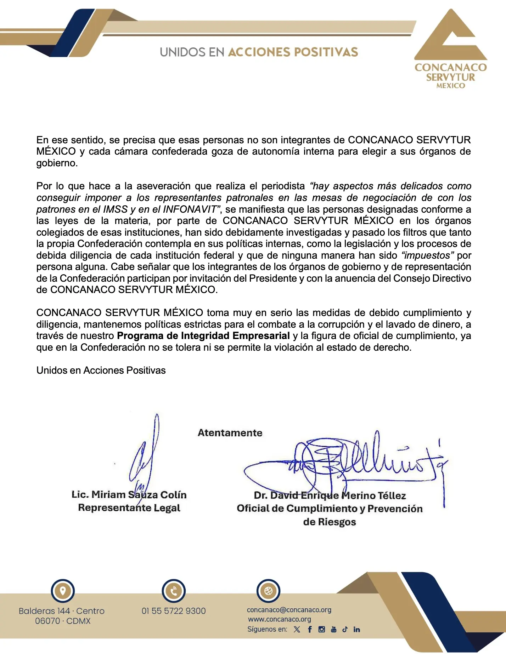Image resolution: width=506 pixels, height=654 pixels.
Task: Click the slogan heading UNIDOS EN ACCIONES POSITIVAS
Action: click(259, 52)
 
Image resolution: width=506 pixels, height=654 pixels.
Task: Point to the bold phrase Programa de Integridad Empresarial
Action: click(203, 335)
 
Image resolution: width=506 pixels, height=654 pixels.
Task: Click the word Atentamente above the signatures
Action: click(230, 432)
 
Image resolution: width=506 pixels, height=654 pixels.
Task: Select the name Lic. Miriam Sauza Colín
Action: click(129, 494)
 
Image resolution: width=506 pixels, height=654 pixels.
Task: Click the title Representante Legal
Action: click(129, 508)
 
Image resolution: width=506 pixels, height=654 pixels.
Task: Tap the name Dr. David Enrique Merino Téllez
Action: click(330, 495)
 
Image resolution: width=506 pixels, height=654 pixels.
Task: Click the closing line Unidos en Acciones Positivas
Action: click(101, 370)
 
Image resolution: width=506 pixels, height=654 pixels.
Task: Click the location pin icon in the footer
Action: click(63, 591)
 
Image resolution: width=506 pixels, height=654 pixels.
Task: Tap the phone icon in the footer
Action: click(174, 591)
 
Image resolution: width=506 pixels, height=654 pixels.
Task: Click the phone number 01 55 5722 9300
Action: click(174, 611)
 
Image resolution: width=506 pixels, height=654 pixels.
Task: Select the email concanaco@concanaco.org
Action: click(289, 610)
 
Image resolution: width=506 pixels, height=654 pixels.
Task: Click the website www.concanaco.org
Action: click(280, 619)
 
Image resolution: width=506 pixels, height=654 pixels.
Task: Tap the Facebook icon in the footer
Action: click(310, 629)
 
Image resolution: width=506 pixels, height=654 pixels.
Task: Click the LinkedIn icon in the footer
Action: click(357, 629)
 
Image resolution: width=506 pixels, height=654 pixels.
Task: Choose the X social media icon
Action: click(297, 629)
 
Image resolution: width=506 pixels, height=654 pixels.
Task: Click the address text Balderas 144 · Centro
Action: click(62, 611)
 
